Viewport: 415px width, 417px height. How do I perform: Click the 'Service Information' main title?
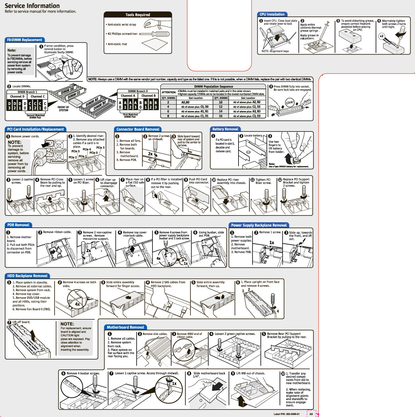[x=32, y=6]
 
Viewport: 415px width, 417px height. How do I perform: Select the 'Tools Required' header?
[x=137, y=15]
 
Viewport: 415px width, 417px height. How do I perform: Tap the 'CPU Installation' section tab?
[x=272, y=14]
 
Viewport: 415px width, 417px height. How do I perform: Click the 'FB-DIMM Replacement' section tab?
[x=24, y=40]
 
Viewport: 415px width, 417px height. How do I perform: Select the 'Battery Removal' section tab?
[x=225, y=129]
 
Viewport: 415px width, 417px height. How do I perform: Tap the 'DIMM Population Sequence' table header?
[x=213, y=86]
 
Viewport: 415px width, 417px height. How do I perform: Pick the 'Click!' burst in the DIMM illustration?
[x=290, y=103]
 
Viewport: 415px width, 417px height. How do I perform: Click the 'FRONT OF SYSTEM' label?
[x=63, y=109]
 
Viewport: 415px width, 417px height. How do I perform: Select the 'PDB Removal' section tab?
[x=18, y=225]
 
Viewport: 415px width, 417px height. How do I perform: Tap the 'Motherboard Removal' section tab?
[x=125, y=327]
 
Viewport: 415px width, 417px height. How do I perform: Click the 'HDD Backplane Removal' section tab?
[x=27, y=276]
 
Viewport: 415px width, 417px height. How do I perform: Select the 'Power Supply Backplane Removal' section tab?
[x=259, y=225]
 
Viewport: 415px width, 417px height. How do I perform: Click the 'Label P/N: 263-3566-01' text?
[x=287, y=414]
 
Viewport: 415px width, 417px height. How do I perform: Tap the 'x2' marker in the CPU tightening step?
[x=381, y=36]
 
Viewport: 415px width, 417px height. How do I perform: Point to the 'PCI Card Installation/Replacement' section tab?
[x=35, y=129]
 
